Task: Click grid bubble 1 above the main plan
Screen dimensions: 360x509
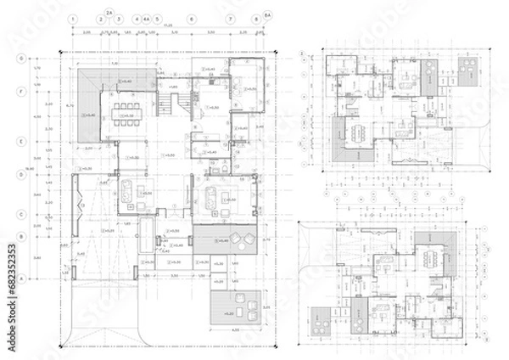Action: (x=75, y=18)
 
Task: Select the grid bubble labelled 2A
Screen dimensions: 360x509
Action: (x=109, y=11)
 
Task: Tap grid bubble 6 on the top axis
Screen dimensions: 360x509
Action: (x=193, y=18)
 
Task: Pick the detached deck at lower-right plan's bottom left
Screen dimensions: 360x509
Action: (x=321, y=322)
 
